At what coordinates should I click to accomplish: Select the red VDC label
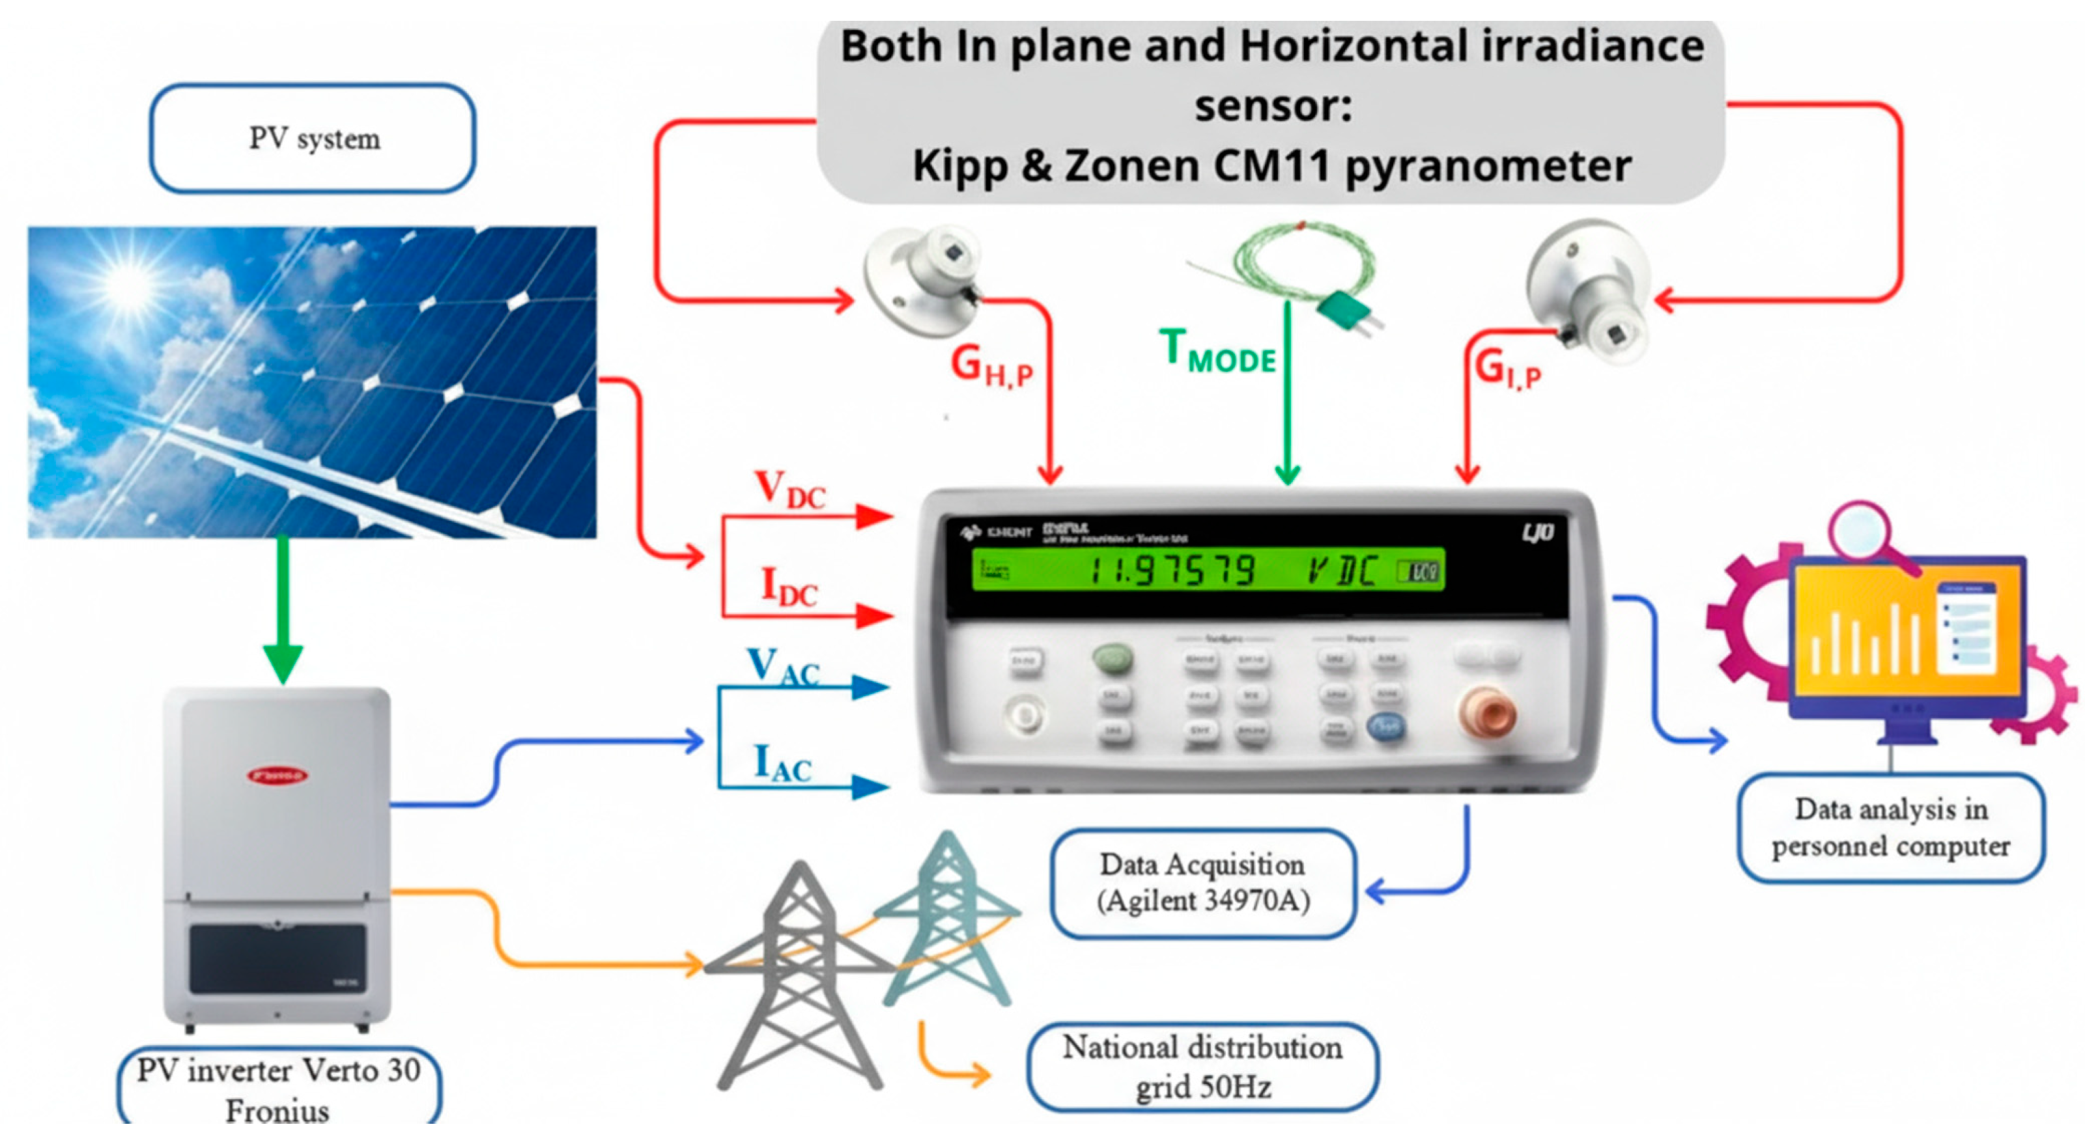pos(789,490)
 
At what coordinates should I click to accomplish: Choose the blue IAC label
pos(782,763)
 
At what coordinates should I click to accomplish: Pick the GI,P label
pos(1507,368)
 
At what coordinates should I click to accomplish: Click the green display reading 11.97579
pos(1174,570)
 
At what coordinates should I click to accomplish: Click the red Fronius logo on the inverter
pos(277,775)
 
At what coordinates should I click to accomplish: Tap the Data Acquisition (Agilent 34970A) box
pos(1203,883)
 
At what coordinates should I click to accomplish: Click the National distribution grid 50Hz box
pos(1203,1067)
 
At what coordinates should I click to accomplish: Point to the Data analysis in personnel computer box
pos(1891,828)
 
